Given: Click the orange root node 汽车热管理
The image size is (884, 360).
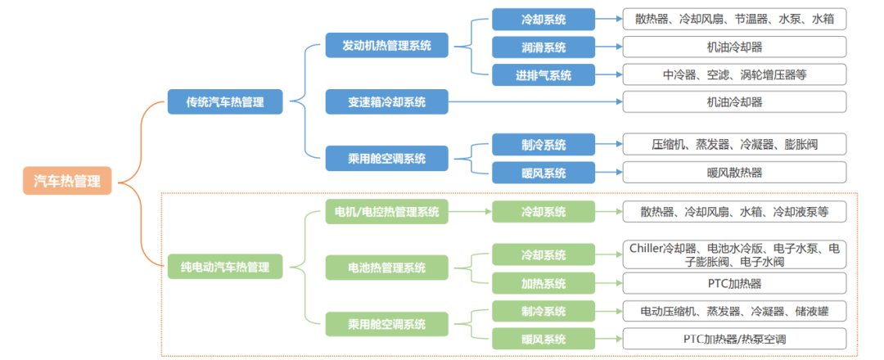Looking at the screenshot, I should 67,182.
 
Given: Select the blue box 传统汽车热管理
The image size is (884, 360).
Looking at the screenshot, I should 227,102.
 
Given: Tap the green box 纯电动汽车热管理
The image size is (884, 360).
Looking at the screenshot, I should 225,267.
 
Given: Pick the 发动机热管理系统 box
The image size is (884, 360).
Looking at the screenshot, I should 386,45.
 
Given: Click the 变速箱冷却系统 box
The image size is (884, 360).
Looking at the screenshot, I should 386,102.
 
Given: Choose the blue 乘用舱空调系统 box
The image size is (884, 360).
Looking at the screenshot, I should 386,159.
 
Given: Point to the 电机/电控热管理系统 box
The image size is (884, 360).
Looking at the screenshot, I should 386,212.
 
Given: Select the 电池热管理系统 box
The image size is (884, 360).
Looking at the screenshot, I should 386,268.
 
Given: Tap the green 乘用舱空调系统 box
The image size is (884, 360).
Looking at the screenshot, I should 386,324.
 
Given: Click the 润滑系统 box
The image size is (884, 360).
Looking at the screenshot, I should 543,47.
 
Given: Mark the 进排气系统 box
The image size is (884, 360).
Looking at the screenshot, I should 543,75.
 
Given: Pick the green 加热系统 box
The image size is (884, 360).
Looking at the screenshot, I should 543,284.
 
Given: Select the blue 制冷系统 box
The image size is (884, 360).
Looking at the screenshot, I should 543,145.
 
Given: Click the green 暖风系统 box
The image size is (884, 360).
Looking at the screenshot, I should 543,339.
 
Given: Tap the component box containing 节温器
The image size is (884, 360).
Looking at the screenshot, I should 734,18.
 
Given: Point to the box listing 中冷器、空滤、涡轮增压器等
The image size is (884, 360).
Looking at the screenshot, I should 734,75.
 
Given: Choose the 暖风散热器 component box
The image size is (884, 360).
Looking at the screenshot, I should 734,173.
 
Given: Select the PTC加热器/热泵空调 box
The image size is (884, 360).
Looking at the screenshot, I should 734,339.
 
